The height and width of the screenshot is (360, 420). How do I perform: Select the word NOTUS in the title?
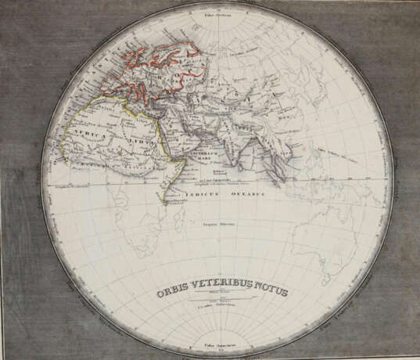click(x=267, y=292)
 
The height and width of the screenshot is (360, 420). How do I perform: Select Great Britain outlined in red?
click(x=118, y=67)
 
